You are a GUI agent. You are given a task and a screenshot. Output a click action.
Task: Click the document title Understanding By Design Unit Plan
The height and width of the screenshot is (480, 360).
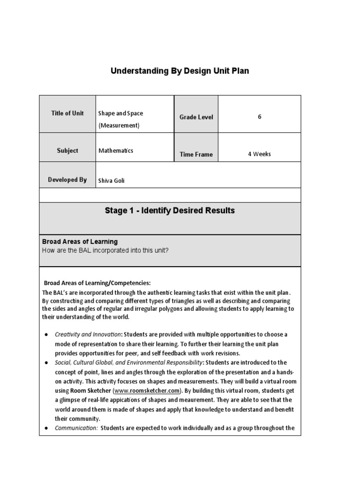pyautogui.click(x=180, y=71)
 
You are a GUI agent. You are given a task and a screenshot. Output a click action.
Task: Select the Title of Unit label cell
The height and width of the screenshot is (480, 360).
pyautogui.click(x=67, y=113)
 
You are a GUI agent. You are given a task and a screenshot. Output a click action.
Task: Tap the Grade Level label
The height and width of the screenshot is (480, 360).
pyautogui.click(x=196, y=117)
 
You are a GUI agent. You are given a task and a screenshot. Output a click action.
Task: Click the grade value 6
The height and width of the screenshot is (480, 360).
pyautogui.click(x=259, y=117)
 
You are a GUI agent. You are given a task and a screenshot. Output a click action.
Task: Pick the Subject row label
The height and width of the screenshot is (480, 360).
pyautogui.click(x=67, y=151)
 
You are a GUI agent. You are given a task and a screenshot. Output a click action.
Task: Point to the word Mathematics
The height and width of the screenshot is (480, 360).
pyautogui.click(x=116, y=151)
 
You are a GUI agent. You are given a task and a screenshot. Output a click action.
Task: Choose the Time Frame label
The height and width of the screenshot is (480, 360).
pyautogui.click(x=196, y=154)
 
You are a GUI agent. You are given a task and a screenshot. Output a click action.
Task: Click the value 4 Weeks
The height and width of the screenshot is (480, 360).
pyautogui.click(x=259, y=154)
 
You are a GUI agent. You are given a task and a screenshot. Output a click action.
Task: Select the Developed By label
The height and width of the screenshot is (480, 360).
pyautogui.click(x=67, y=180)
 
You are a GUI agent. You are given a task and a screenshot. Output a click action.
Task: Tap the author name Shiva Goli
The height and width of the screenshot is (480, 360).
pyautogui.click(x=112, y=181)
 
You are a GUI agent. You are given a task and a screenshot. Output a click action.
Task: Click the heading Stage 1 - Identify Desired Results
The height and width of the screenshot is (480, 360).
pyautogui.click(x=170, y=211)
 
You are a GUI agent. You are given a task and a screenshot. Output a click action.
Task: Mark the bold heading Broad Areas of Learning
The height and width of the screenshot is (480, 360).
pyautogui.click(x=80, y=242)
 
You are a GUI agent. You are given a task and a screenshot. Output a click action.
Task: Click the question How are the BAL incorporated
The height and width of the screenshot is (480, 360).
pyautogui.click(x=105, y=250)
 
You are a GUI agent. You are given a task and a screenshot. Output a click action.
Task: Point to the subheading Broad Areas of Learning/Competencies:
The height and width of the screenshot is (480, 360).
pyautogui.click(x=97, y=283)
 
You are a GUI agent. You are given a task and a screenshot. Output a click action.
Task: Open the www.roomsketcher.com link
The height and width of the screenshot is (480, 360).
pyautogui.click(x=147, y=390)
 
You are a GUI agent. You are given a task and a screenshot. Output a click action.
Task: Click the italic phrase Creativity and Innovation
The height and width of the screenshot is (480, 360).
pyautogui.click(x=88, y=335)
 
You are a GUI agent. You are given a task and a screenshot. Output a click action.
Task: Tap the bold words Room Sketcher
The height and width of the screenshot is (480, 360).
pyautogui.click(x=90, y=390)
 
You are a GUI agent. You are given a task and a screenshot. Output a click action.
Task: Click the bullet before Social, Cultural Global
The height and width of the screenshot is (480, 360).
pyautogui.click(x=46, y=363)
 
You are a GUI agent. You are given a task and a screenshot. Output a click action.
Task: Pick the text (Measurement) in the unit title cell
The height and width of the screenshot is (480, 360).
pyautogui.click(x=119, y=126)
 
